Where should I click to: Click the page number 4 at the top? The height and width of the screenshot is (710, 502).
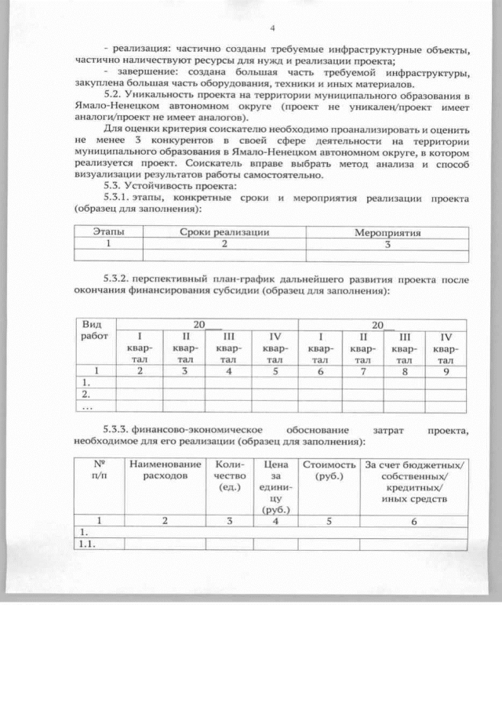(271, 29)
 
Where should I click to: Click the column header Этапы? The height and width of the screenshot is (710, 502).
(109, 233)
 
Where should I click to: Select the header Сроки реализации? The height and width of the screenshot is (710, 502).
(224, 233)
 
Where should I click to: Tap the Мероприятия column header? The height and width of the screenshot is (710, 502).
(387, 233)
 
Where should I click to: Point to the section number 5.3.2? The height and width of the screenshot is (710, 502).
(118, 279)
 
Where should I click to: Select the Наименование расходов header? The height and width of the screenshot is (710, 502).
(165, 471)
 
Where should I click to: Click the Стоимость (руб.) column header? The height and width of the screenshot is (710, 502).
(329, 471)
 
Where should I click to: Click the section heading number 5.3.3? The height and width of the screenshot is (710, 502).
(118, 430)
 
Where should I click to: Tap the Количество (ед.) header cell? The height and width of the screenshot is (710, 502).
(228, 476)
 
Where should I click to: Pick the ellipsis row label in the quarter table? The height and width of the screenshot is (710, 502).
(87, 407)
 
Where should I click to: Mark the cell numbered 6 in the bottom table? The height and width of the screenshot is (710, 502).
(413, 520)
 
